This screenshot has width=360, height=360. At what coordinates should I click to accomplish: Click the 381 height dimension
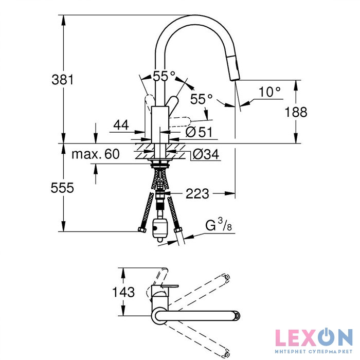(62, 80)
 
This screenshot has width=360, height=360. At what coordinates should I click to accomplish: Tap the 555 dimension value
(62, 188)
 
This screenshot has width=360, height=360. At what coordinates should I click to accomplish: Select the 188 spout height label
(296, 112)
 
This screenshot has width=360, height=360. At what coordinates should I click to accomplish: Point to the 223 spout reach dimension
(197, 193)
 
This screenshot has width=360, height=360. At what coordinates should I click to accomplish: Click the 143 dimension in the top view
(123, 292)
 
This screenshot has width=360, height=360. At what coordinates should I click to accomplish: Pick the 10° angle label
(269, 92)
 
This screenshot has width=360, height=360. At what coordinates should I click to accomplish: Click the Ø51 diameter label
(199, 132)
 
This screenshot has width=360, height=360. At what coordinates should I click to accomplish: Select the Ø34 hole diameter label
(206, 154)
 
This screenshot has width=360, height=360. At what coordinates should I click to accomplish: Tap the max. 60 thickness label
(96, 154)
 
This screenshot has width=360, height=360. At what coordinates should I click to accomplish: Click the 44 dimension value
(121, 125)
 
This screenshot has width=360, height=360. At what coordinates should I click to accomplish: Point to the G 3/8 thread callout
(219, 225)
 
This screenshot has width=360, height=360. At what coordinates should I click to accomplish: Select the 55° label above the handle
(164, 76)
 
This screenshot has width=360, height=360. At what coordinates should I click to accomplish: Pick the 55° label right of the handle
(202, 99)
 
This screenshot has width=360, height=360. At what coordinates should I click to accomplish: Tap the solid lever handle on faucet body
(173, 105)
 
